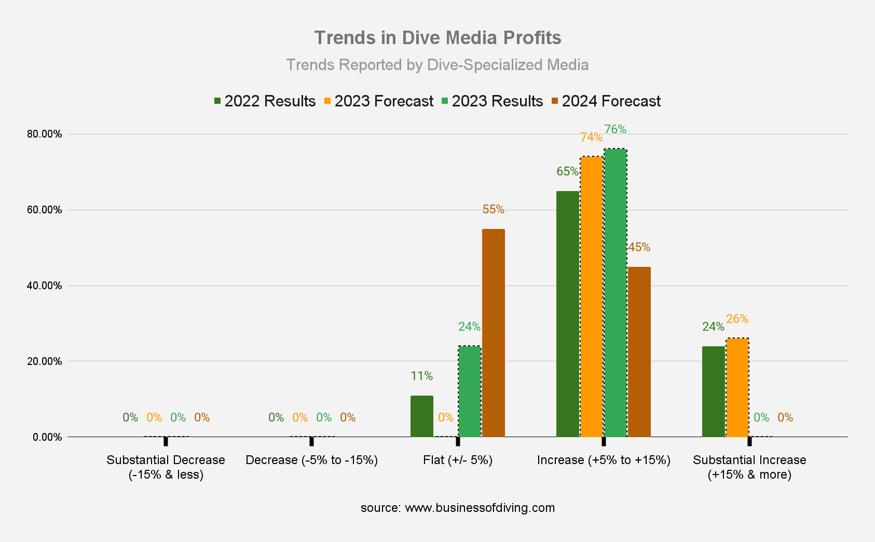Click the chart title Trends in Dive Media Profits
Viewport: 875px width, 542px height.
pos(438,38)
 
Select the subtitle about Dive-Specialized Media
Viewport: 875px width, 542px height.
pos(438,65)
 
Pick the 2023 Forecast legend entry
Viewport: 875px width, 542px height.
pos(379,101)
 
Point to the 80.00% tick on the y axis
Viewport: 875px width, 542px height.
pos(44,134)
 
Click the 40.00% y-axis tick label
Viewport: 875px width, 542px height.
pos(44,286)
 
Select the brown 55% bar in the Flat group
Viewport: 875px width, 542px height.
pos(493,332)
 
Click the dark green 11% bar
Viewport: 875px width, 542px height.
pos(421,416)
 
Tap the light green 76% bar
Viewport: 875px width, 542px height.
pos(616,293)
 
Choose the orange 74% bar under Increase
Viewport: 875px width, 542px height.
pos(592,296)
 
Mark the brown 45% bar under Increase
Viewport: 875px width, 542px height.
pos(639,352)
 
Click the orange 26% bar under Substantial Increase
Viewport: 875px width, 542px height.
pos(737,387)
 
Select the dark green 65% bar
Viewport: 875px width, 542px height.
pos(567,314)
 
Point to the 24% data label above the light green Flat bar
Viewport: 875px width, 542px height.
pos(469,327)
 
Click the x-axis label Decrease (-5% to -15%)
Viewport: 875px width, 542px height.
pos(311,460)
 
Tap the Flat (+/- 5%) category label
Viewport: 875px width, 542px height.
pos(457,460)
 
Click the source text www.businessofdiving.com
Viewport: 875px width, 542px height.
pos(457,508)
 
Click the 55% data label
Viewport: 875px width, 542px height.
pos(493,209)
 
